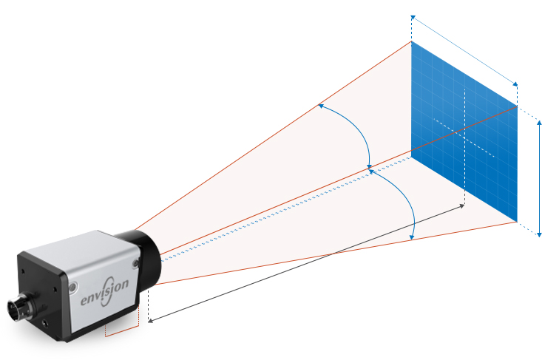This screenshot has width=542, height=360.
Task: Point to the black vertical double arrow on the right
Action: [540, 177]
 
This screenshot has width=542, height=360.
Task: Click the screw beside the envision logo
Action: [75, 287]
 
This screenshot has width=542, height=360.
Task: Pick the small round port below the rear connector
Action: [48, 323]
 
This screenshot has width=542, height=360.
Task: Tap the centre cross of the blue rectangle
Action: [464, 137]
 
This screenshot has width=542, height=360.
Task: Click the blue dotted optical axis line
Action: [281, 214]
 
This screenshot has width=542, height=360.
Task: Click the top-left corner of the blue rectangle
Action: [412, 42]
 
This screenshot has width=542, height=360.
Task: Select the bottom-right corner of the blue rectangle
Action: [517, 220]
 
